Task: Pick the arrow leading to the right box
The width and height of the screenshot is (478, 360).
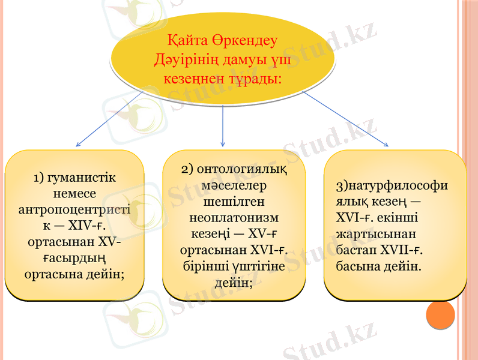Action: point(345,118)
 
